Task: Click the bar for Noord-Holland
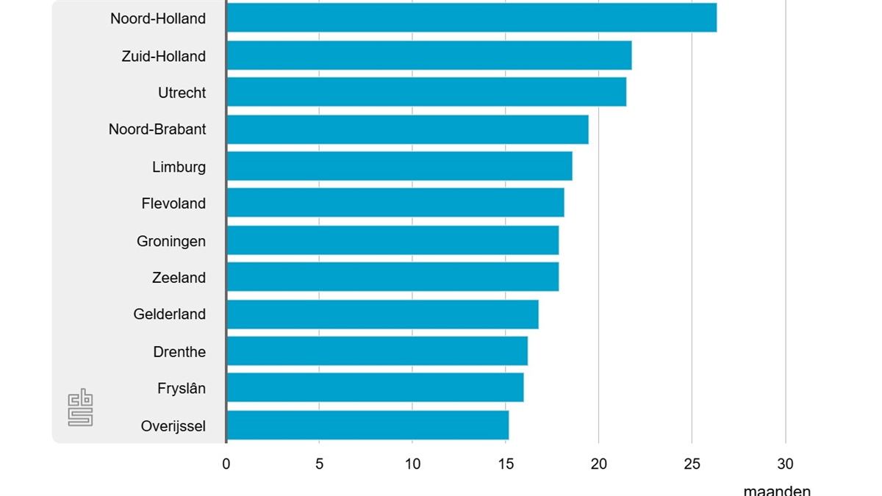[x=471, y=18]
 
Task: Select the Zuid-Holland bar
[x=429, y=55]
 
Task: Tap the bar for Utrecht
[x=426, y=92]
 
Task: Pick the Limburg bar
[x=399, y=166]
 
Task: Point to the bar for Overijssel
[x=367, y=425]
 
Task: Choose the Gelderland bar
[x=382, y=314]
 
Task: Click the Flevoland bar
[x=395, y=203]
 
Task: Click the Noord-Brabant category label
[x=157, y=129]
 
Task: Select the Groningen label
[x=171, y=241]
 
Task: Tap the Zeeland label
[x=179, y=278]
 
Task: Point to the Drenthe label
[x=179, y=352]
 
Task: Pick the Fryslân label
[x=182, y=388]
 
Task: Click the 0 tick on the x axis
[x=226, y=464]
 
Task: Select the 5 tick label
[x=319, y=464]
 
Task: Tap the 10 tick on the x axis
[x=412, y=464]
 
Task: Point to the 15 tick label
[x=506, y=464]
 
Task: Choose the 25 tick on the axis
[x=692, y=464]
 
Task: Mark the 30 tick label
[x=785, y=464]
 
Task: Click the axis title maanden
[x=777, y=490]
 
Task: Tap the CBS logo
[x=80, y=407]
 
